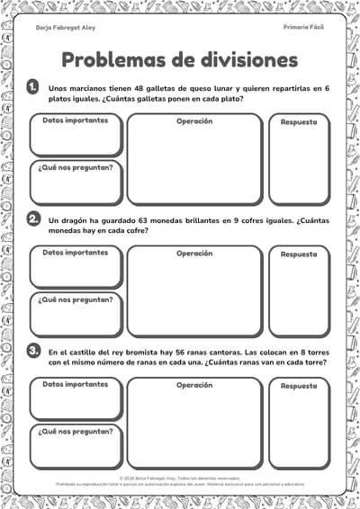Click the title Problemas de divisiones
click(x=179, y=59)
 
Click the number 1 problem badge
click(x=33, y=87)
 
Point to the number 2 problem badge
click(x=33, y=219)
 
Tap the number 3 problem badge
click(x=33, y=351)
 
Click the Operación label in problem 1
click(x=194, y=121)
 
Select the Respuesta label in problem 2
click(x=299, y=254)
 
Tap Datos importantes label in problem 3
click(x=76, y=384)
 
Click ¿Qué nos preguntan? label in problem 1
click(x=76, y=167)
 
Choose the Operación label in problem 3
click(x=194, y=385)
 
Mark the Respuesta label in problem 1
click(x=299, y=122)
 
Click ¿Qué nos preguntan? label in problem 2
click(x=76, y=299)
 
